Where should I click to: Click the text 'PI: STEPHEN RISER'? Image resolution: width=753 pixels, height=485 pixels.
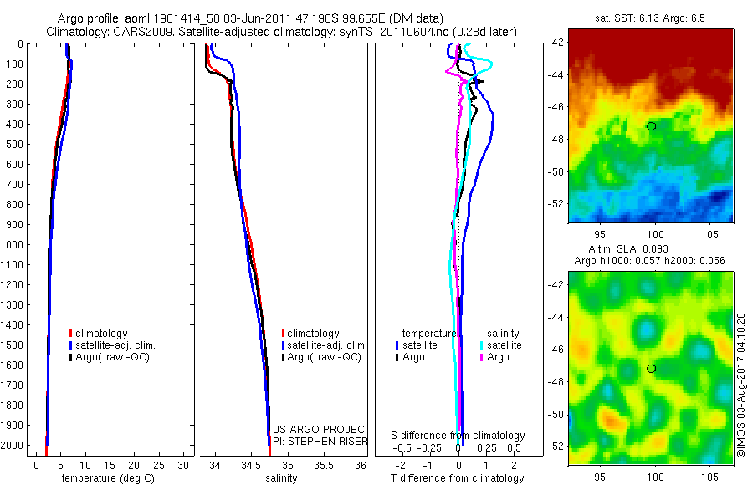(x=320, y=440)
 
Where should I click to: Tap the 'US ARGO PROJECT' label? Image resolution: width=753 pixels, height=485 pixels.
(x=321, y=429)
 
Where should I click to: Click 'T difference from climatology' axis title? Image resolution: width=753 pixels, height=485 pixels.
(x=457, y=478)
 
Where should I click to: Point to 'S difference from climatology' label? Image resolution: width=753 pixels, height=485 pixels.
(x=458, y=436)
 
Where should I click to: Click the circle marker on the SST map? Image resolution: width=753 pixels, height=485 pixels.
(x=651, y=126)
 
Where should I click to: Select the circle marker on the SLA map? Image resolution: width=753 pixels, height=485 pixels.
(x=651, y=369)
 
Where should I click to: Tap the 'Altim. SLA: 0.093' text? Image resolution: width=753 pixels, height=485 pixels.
(x=651, y=249)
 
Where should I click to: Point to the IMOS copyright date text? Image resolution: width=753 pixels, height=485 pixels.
(x=740, y=389)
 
